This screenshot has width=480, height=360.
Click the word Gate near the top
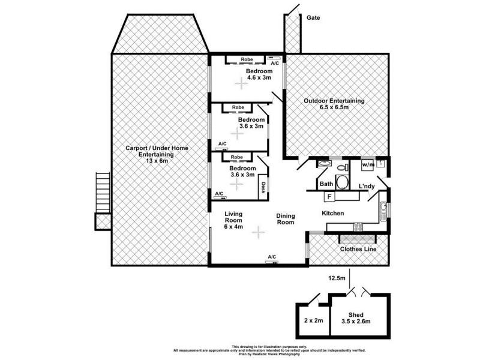click(313, 18)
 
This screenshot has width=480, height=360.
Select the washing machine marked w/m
click(367, 164)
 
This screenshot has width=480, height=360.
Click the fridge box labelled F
click(329, 197)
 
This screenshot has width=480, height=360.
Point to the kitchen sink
click(382, 209)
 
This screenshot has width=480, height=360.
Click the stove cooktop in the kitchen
click(358, 226)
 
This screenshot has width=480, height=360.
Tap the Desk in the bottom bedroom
click(263, 190)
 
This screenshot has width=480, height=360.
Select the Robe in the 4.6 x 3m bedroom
click(246, 59)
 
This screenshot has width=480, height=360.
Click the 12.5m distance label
click(337, 278)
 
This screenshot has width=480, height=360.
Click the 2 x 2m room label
click(313, 321)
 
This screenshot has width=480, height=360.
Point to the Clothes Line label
click(358, 248)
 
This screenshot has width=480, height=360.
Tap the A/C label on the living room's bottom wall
click(272, 257)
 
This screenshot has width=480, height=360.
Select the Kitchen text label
click(332, 213)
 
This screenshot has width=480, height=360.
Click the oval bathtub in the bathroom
click(342, 184)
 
